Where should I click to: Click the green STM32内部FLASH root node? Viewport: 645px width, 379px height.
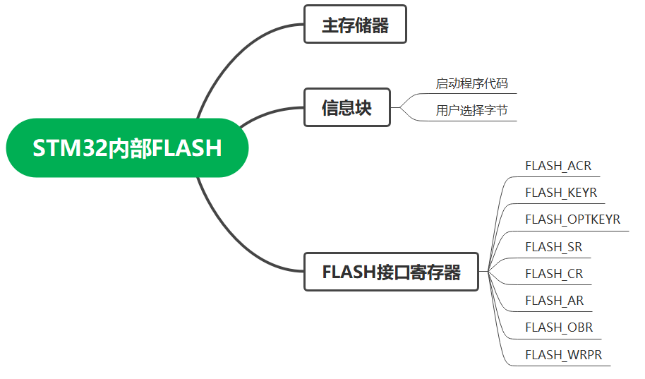pyautogui.click(x=127, y=148)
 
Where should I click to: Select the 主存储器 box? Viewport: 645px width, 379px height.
pyautogui.click(x=356, y=25)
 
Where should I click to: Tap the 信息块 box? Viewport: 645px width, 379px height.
pyautogui.click(x=346, y=108)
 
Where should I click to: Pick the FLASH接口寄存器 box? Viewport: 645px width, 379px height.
pyautogui.click(x=391, y=272)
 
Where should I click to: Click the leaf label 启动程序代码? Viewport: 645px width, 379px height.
pyautogui.click(x=471, y=83)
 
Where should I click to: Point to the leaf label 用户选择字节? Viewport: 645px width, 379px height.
pyautogui.click(x=471, y=110)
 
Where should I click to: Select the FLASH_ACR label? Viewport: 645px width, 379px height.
pyautogui.click(x=558, y=166)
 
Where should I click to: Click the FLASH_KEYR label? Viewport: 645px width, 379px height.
pyautogui.click(x=561, y=193)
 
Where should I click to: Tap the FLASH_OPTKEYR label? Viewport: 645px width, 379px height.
pyautogui.click(x=572, y=219)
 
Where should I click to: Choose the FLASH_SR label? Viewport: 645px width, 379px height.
pyautogui.click(x=553, y=246)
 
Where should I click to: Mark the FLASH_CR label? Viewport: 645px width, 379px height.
pyautogui.click(x=554, y=273)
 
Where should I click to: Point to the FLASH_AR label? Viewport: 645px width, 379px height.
pyautogui.click(x=554, y=300)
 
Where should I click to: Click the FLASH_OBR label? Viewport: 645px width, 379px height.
pyautogui.click(x=559, y=327)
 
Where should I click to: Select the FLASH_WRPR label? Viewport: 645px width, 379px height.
pyautogui.click(x=564, y=354)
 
